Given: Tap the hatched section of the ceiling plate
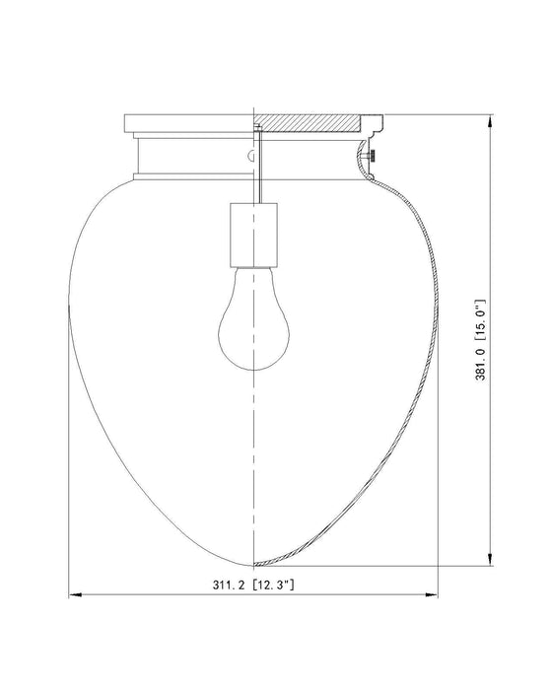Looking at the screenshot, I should pyautogui.click(x=311, y=124).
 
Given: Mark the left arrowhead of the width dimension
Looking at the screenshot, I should pyautogui.click(x=72, y=596).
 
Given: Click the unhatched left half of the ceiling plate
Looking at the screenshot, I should pyautogui.click(x=187, y=124).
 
